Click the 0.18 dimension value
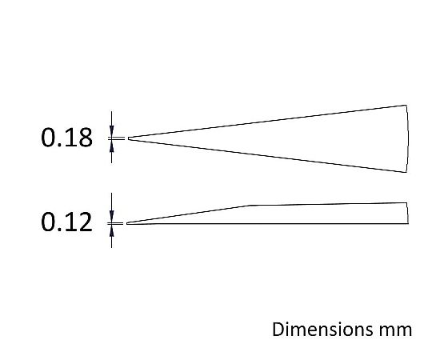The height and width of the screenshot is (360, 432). (x=66, y=138)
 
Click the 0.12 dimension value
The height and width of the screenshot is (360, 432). (x=66, y=222)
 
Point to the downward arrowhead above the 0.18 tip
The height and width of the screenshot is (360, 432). (x=111, y=131)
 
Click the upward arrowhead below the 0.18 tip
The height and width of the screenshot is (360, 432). (x=111, y=146)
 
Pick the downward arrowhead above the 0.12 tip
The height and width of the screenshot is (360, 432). (x=111, y=216)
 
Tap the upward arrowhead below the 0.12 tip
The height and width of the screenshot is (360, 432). (x=111, y=230)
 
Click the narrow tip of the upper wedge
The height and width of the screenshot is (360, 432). (x=128, y=138)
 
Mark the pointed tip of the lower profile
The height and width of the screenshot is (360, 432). (x=126, y=223)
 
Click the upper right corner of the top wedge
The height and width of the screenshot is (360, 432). (x=406, y=105)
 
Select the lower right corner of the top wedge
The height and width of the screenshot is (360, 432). (x=406, y=172)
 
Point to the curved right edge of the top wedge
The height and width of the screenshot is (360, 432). (x=408, y=138)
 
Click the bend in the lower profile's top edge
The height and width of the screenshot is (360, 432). (x=250, y=206)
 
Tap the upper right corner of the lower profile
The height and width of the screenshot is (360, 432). (x=407, y=202)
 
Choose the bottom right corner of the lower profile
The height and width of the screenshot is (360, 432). (x=408, y=223)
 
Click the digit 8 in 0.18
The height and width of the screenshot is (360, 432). (x=85, y=138)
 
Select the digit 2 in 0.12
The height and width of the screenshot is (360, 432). (x=85, y=222)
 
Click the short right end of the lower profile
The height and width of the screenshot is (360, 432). (x=407, y=213)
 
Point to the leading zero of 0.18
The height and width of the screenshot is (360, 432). (x=48, y=138)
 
